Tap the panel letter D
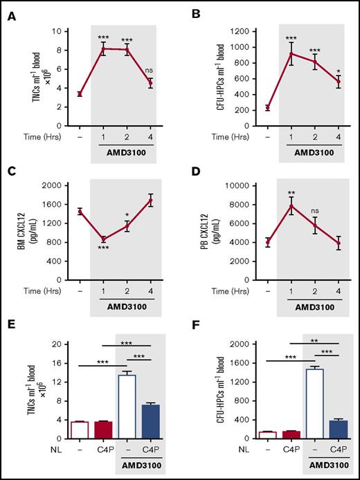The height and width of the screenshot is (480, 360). pos(192,168)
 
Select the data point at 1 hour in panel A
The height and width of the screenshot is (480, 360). pos(103,49)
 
